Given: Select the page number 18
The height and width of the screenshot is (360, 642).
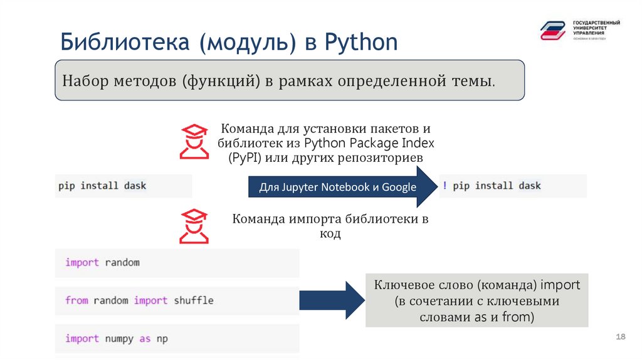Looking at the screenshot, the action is coord(621,338).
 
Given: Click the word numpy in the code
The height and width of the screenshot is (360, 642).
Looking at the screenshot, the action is coord(119,339).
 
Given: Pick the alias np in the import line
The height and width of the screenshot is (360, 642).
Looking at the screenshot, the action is coord(162,339).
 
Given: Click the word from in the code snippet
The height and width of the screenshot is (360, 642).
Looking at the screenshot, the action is coord(76,300).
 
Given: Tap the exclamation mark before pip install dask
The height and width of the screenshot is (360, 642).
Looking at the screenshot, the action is coord(445,186).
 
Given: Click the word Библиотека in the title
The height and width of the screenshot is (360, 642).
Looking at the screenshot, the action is coord(125,43).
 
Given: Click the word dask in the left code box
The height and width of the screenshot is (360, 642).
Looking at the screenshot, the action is coord(135,186).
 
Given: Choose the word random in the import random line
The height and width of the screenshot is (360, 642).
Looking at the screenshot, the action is coord(122,262).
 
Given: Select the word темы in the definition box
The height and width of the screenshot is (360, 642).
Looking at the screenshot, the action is coord(475,82).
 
